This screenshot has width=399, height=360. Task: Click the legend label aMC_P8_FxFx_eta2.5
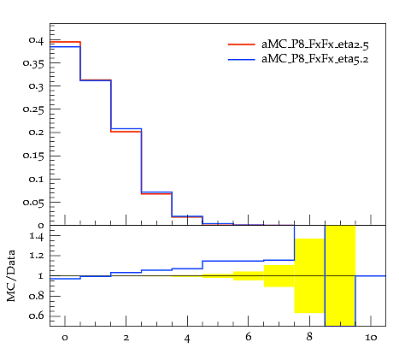point(315,44)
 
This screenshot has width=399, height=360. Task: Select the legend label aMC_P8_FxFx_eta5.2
point(315,59)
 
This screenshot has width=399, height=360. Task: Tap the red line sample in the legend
point(242,44)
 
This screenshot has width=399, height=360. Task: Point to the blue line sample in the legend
point(242,59)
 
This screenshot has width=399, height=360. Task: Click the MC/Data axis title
point(11,276)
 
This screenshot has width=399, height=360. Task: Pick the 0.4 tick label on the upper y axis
point(36,40)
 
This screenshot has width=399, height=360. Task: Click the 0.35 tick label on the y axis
point(33,63)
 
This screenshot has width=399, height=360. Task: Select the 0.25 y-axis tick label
point(33,109)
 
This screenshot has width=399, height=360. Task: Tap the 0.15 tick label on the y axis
point(33,156)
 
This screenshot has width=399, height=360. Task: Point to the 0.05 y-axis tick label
point(33,203)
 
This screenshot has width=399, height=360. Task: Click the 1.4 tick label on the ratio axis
point(37,237)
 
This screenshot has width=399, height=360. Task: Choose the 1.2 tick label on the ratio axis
point(37,256)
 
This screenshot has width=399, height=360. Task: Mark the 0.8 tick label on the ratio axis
point(37,296)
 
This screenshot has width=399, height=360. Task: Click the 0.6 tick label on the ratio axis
point(37,316)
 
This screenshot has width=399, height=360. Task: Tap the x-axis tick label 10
point(371,338)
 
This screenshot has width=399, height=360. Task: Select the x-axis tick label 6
point(249,337)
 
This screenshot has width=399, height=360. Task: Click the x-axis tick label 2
point(126,338)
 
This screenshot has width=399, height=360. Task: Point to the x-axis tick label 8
point(309,337)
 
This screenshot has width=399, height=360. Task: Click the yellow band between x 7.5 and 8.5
point(309,275)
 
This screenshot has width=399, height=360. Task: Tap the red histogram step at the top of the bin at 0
point(65,42)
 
